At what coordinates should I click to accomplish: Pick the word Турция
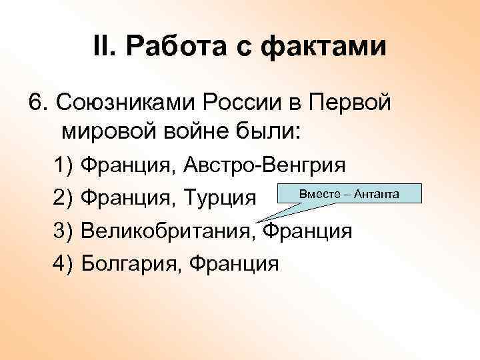point(223,197)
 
